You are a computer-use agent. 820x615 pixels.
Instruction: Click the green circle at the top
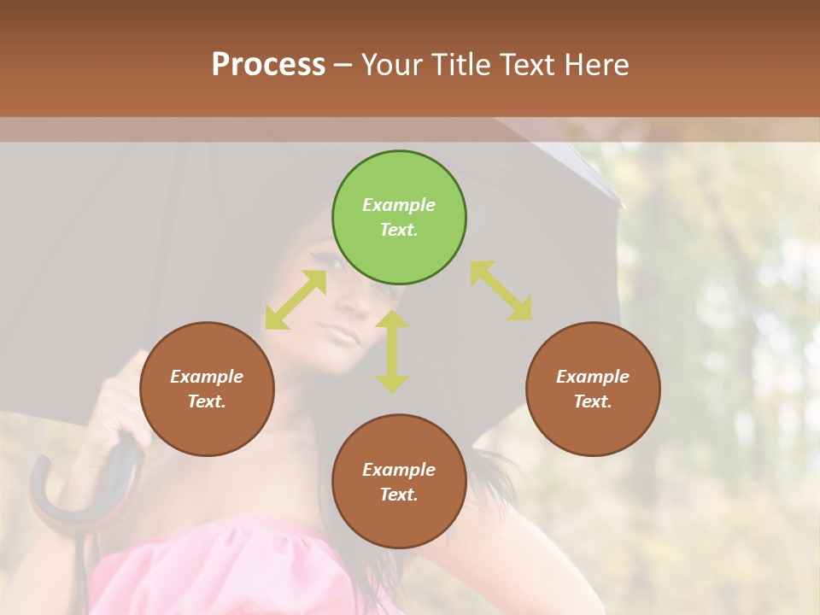pyautogui.click(x=399, y=218)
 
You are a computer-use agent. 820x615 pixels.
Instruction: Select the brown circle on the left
pyautogui.click(x=207, y=389)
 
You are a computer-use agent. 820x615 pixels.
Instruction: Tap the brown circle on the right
pyautogui.click(x=593, y=389)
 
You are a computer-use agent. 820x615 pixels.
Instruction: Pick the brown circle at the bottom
pyautogui.click(x=399, y=482)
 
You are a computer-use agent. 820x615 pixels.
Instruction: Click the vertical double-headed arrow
pyautogui.click(x=392, y=351)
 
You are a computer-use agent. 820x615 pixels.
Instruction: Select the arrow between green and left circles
pyautogui.click(x=296, y=300)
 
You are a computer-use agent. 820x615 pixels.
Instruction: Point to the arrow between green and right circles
pyautogui.click(x=501, y=291)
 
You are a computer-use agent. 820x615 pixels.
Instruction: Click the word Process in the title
pyautogui.click(x=268, y=64)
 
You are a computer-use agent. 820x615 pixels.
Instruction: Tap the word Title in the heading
pyautogui.click(x=460, y=64)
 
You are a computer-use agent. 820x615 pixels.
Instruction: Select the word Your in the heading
pyautogui.click(x=391, y=64)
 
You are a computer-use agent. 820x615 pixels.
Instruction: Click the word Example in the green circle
pyautogui.click(x=399, y=205)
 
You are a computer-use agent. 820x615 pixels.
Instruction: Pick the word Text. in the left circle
pyautogui.click(x=207, y=401)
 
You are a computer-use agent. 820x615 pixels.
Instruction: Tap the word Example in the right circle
pyautogui.click(x=593, y=377)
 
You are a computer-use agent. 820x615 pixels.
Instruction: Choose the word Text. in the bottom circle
pyautogui.click(x=399, y=495)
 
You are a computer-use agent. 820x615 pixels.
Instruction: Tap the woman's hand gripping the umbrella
pyautogui.click(x=120, y=401)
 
